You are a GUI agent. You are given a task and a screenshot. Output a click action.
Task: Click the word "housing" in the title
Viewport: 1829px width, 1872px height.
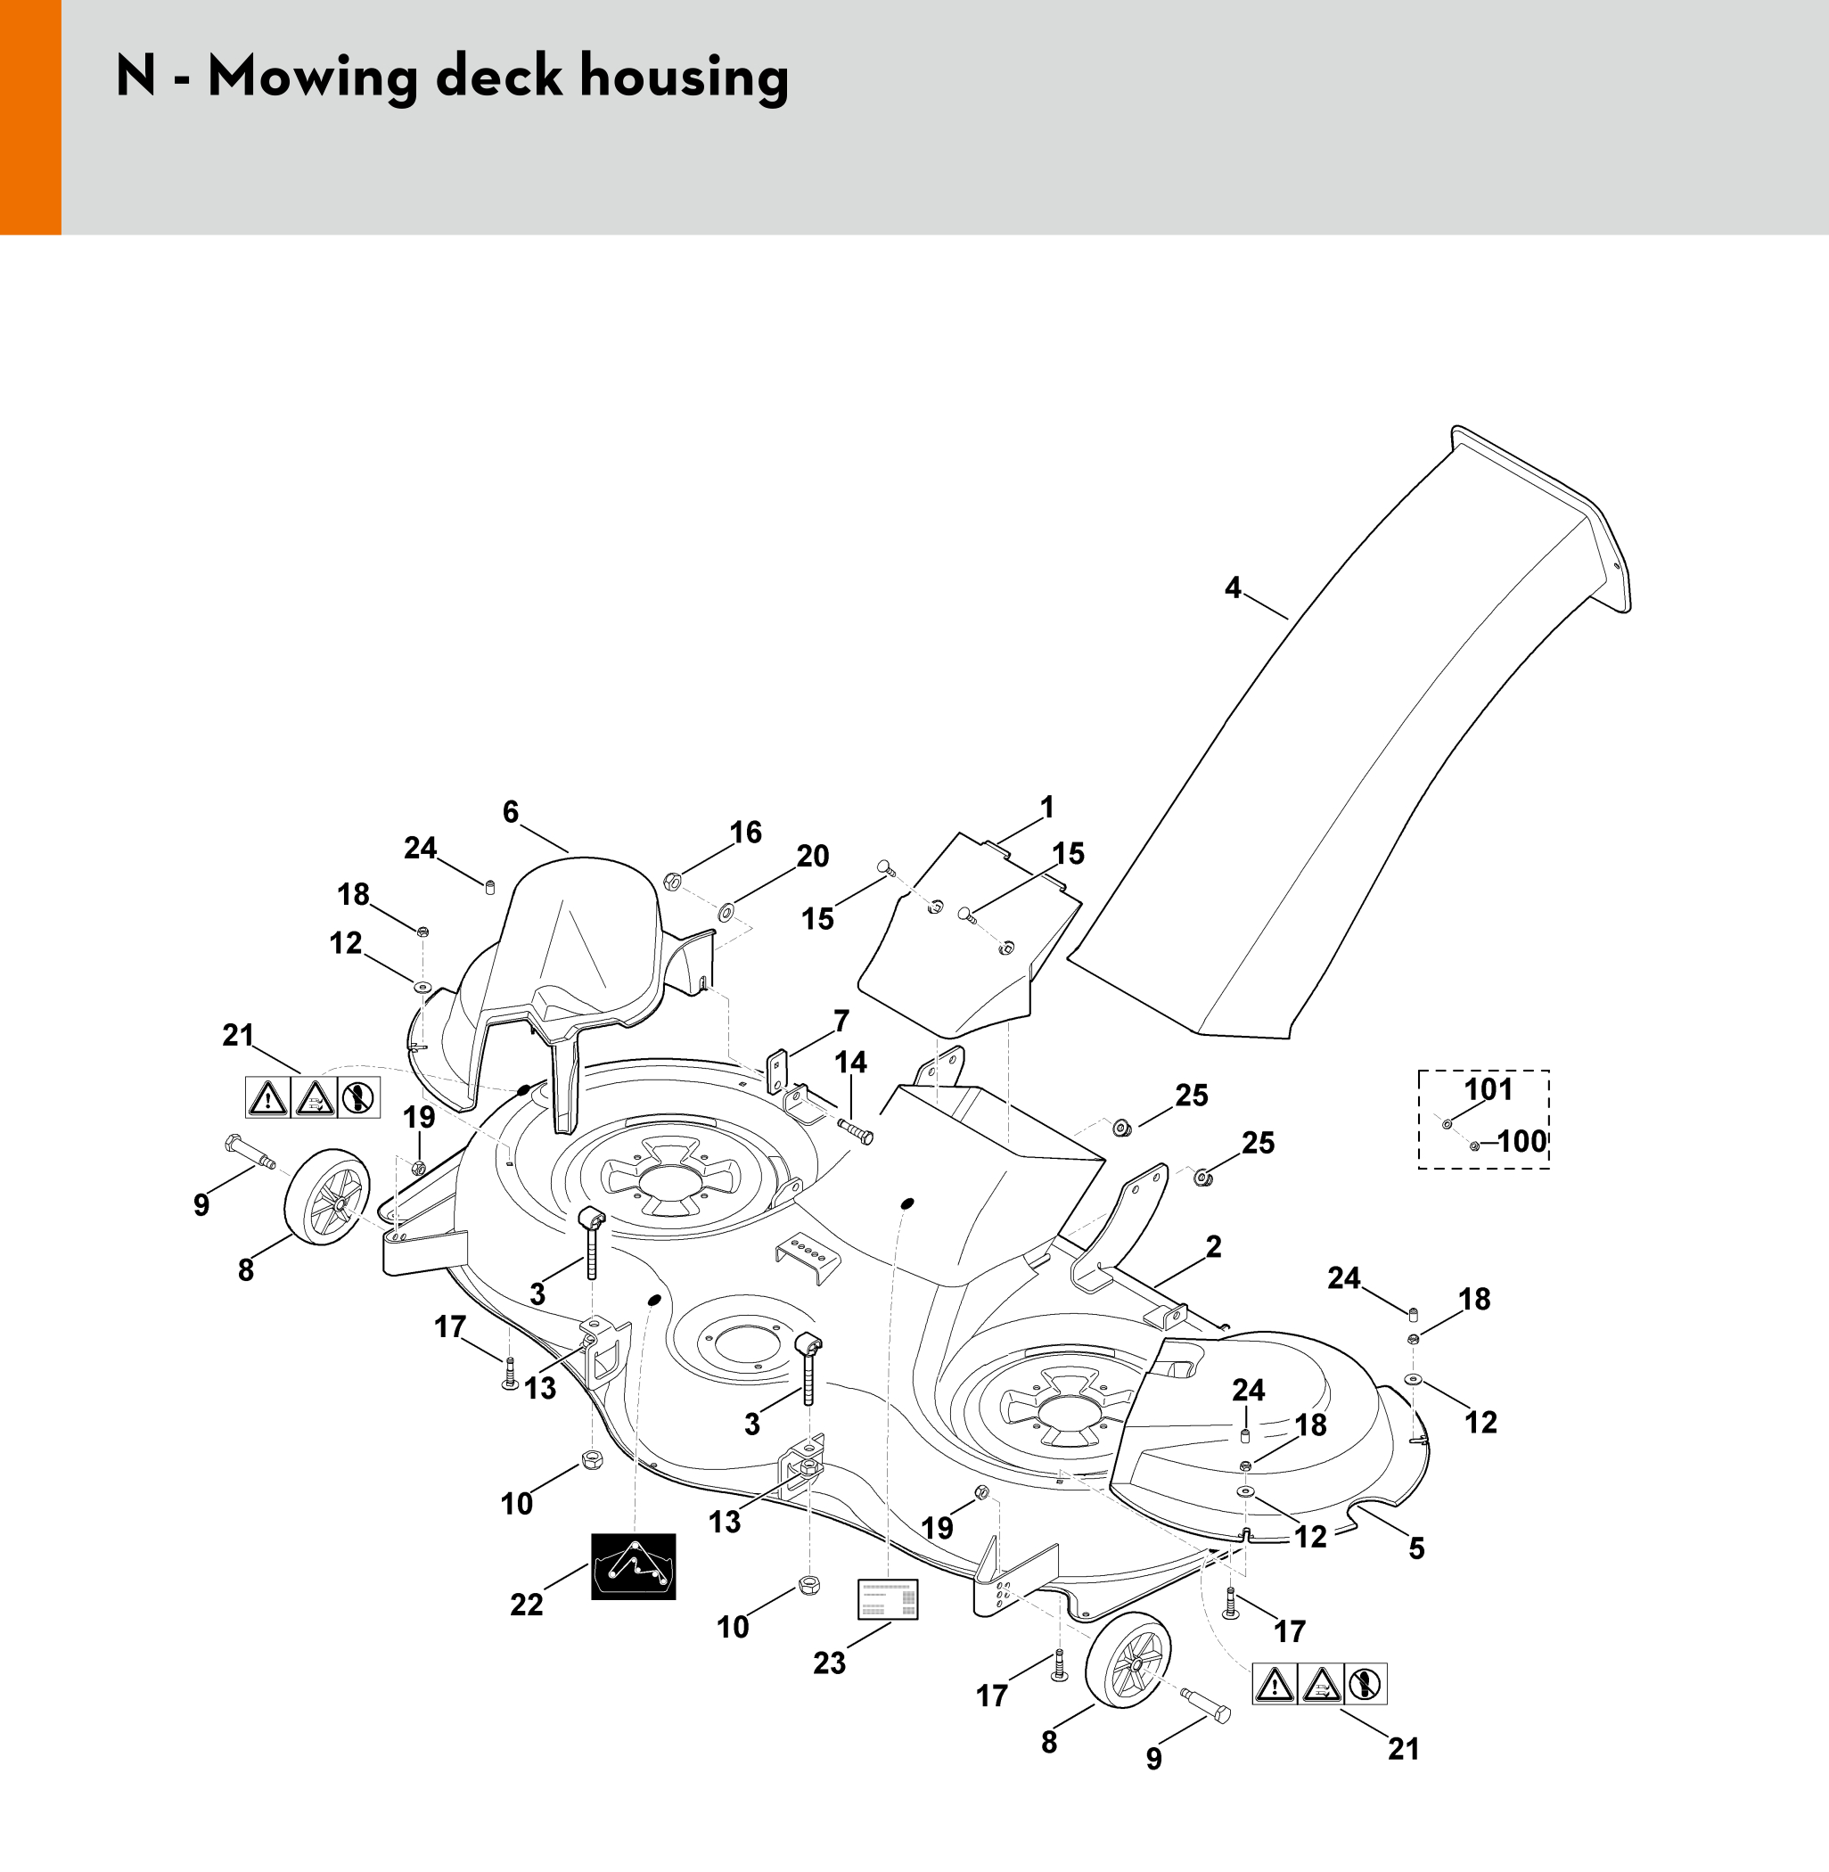click(683, 78)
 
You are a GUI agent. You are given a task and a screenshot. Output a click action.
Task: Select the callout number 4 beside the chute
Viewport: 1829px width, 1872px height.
click(1233, 587)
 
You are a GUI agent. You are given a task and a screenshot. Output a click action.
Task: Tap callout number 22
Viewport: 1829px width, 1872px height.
click(527, 1604)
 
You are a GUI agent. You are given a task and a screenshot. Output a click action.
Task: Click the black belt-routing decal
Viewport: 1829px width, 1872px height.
click(633, 1566)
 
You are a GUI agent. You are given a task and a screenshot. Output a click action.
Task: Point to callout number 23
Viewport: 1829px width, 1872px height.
click(829, 1663)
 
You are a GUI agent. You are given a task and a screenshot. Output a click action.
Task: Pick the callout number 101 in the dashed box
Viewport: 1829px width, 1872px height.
click(1488, 1089)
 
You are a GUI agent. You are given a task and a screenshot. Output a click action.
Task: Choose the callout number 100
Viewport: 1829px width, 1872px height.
click(1522, 1141)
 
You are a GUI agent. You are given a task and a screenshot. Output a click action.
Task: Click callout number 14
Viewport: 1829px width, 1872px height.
click(850, 1063)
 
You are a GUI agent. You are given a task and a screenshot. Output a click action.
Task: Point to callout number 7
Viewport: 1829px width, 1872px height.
click(841, 1020)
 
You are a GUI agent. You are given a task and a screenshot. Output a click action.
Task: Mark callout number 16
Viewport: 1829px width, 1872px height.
click(745, 832)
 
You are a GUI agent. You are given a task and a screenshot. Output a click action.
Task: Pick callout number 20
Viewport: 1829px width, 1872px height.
click(813, 856)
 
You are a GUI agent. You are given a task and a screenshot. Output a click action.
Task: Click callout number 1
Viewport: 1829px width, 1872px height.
click(1047, 807)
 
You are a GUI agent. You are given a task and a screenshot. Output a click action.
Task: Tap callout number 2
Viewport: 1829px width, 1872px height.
click(1213, 1247)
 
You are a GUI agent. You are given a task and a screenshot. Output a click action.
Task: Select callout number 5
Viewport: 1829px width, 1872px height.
click(1417, 1548)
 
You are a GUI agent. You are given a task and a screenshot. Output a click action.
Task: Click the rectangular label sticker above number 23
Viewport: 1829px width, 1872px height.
click(888, 1599)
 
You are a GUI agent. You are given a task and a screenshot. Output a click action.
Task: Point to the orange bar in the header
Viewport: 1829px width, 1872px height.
click(30, 117)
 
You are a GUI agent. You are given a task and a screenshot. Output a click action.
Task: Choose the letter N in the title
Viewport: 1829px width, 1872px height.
click(135, 76)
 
